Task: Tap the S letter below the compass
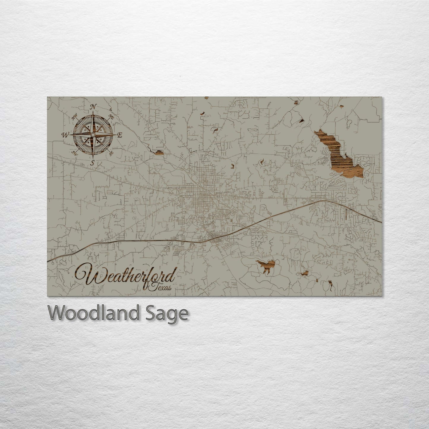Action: [x=92, y=162]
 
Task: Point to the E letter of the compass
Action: [x=120, y=135]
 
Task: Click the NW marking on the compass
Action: [x=75, y=118]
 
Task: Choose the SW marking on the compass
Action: [x=75, y=153]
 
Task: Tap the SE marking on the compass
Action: [x=111, y=153]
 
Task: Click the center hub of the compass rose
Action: [x=93, y=135]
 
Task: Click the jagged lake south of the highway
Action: [x=266, y=265]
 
